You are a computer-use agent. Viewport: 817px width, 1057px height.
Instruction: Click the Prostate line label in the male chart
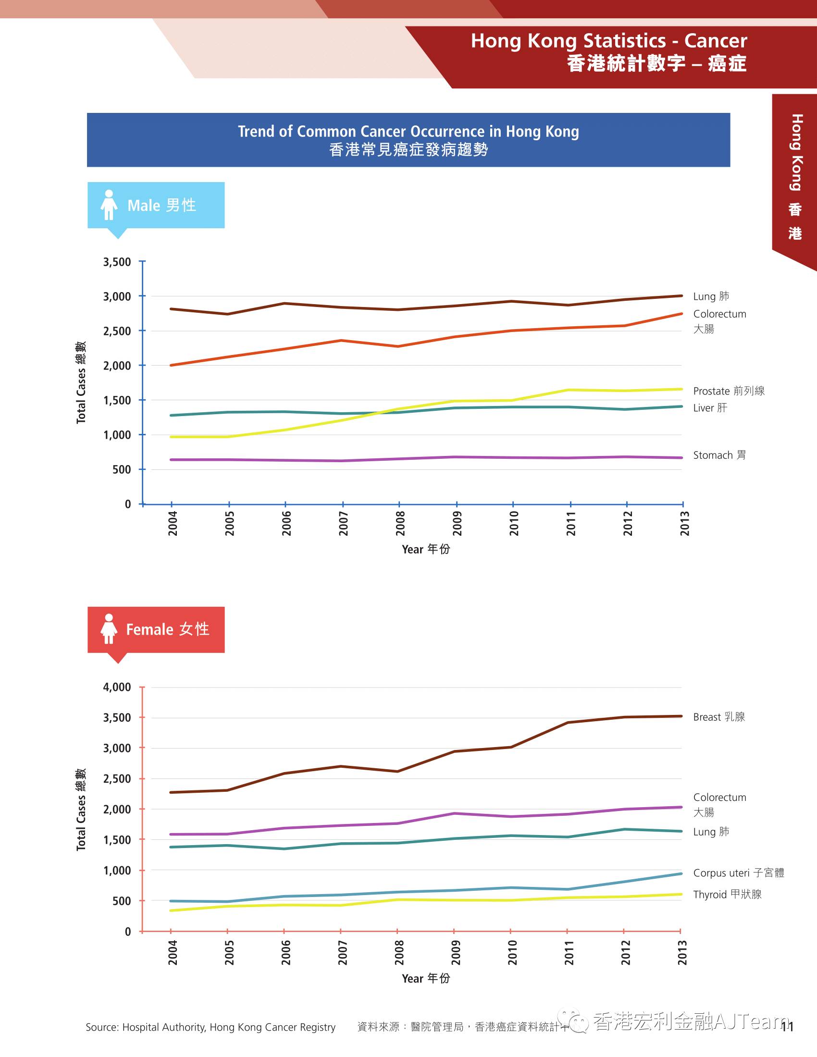coord(729,391)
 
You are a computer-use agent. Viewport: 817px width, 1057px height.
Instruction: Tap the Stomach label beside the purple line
coord(719,455)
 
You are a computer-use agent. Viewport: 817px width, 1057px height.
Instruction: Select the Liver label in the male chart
coord(709,407)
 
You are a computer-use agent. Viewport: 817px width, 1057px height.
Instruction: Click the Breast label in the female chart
coord(719,717)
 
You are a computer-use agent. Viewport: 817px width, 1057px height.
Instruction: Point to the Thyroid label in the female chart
coord(727,895)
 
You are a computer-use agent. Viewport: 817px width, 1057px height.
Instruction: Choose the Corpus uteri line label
coord(738,873)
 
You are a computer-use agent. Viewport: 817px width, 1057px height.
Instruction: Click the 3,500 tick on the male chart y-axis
coord(117,262)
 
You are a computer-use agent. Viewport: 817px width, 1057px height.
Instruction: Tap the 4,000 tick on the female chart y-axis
coord(117,687)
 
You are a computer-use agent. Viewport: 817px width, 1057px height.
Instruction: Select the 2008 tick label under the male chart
coord(400,523)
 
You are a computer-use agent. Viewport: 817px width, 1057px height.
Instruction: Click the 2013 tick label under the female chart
coord(682,952)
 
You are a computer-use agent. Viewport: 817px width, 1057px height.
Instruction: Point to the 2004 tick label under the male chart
coord(173,523)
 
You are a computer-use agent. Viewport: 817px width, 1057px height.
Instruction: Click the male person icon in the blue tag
coord(109,205)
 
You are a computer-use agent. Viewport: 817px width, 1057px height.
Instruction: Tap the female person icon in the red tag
coord(109,629)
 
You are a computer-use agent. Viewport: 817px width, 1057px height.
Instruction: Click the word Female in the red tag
coord(149,629)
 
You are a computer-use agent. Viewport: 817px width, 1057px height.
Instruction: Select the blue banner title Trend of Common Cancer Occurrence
coord(408,132)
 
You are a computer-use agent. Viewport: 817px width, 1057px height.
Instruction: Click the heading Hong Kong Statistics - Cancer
coord(609,41)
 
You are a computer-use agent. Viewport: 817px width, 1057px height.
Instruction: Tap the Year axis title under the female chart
coord(425,978)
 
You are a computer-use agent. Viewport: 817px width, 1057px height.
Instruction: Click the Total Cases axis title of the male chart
coord(81,382)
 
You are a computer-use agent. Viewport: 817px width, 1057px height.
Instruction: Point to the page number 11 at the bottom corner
coord(787,1027)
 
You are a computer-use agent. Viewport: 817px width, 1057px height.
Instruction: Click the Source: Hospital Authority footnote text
coord(210,1027)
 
